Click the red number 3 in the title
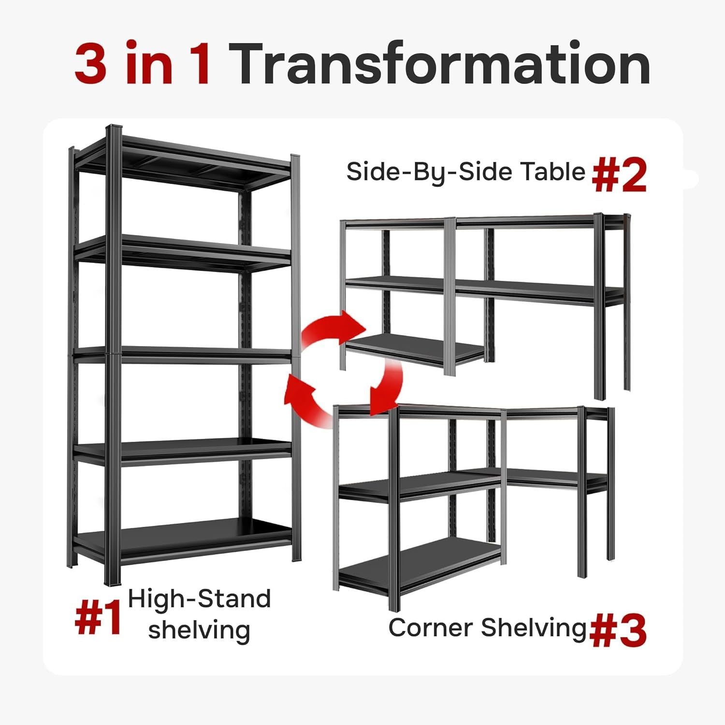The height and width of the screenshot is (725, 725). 90,63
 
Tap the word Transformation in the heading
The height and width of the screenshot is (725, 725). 442,63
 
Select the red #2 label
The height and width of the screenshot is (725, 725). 619,175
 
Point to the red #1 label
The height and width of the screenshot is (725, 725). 98,618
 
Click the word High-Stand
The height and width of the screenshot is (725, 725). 199,599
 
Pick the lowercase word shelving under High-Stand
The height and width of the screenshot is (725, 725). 199,630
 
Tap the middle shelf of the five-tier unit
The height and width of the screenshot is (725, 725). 184,355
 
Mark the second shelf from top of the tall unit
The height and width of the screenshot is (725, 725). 184,251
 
